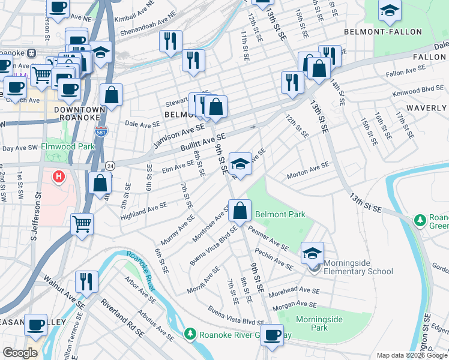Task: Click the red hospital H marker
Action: pyautogui.click(x=58, y=177)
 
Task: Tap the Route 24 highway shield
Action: pyautogui.click(x=110, y=165)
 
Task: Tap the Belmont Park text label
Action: pyautogui.click(x=280, y=214)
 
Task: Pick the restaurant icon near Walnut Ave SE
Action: pyautogui.click(x=86, y=282)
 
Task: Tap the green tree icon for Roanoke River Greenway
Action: pyautogui.click(x=190, y=333)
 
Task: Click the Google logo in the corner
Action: pyautogui.click(x=20, y=353)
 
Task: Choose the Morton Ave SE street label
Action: pyautogui.click(x=308, y=169)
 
